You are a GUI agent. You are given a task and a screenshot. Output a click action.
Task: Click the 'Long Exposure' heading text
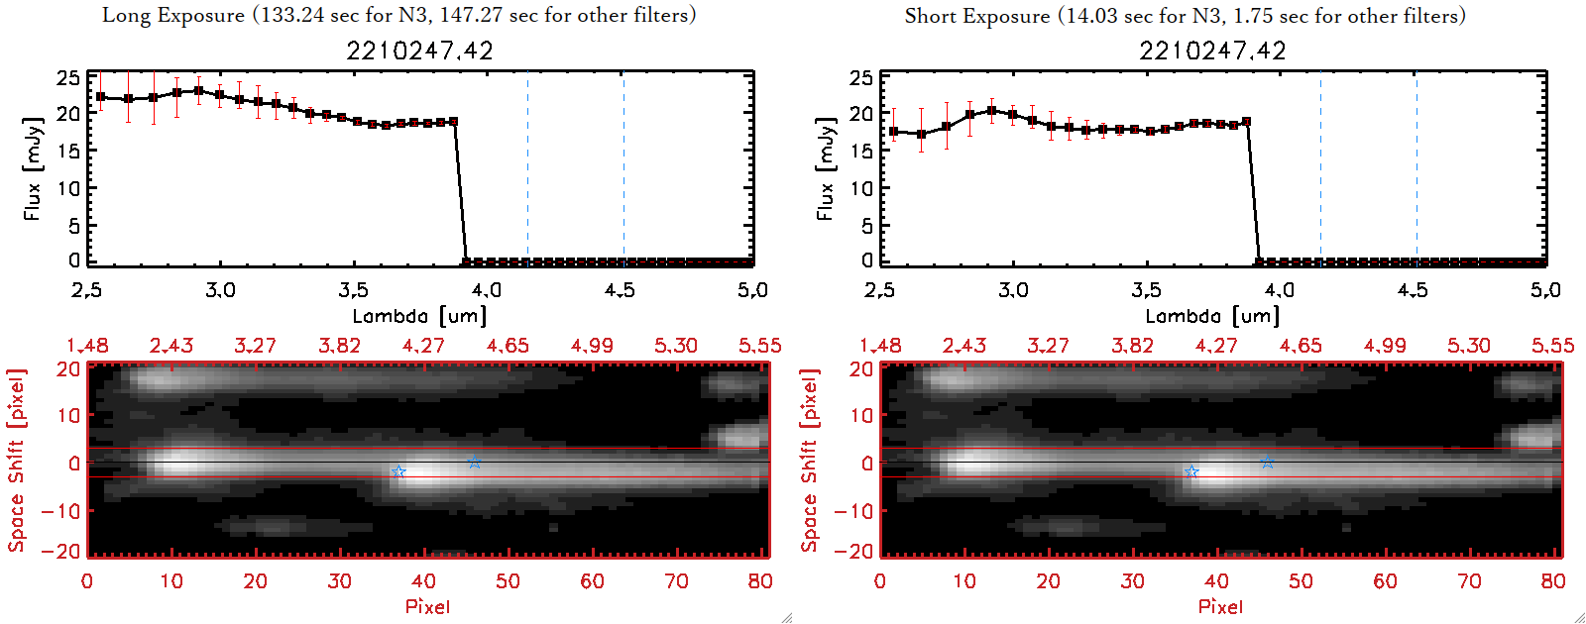[173, 15]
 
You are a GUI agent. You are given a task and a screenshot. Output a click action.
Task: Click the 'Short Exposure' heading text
[976, 16]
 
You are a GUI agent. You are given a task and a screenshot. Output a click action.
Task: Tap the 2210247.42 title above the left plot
[419, 51]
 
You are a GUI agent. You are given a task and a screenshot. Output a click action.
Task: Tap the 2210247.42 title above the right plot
[1212, 51]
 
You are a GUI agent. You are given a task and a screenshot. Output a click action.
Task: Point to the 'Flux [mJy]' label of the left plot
[33, 168]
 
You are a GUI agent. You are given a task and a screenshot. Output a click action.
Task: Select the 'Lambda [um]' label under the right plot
[1212, 316]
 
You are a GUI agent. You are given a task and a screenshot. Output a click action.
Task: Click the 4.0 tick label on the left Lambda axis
[486, 290]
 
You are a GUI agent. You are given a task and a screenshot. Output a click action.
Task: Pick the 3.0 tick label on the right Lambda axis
[1013, 290]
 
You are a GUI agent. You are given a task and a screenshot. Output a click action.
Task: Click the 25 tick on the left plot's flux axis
[68, 78]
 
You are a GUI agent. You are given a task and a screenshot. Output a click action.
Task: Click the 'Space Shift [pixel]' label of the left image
[16, 461]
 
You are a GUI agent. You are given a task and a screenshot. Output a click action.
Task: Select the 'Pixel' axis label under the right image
[1220, 606]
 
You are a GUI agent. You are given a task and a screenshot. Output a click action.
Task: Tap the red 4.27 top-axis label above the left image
[423, 346]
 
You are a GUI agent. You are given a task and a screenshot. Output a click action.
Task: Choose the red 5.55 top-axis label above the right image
[1552, 346]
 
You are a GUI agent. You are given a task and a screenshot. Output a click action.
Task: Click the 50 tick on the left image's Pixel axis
[508, 581]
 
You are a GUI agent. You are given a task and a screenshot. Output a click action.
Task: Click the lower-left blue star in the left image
[398, 472]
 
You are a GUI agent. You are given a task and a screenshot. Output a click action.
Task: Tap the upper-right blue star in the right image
[1267, 463]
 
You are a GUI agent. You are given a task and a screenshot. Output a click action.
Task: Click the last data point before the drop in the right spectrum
[1246, 122]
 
